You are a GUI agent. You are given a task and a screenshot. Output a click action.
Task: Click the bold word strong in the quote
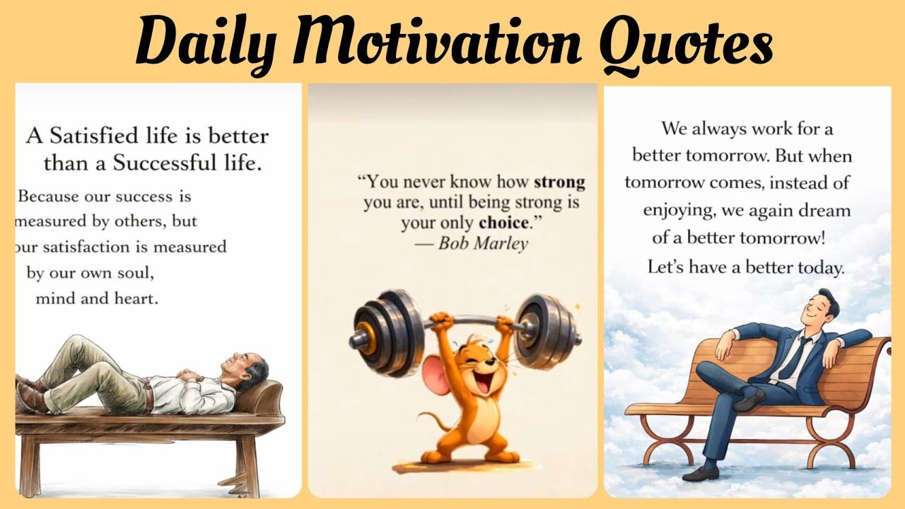(559, 182)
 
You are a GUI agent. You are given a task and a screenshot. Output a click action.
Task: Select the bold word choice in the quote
(503, 223)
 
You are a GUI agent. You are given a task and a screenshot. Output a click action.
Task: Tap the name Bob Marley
(482, 244)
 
